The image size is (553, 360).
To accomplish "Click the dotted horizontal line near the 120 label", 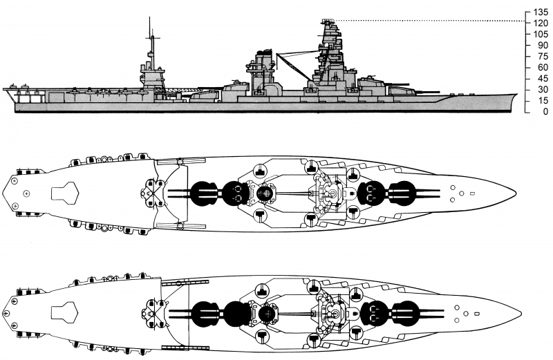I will click(x=429, y=21).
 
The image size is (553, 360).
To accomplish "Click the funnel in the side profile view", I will click(x=263, y=69).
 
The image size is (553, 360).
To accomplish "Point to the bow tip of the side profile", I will click(x=516, y=95).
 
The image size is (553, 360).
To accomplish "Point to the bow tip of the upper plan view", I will click(x=515, y=191).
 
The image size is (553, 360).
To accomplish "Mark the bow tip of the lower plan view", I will click(x=515, y=314).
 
